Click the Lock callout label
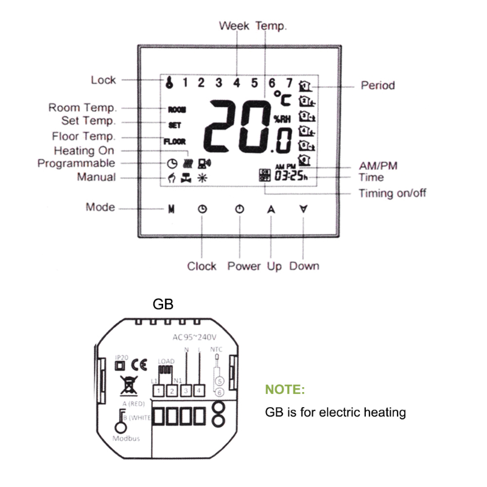[103, 80]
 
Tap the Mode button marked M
[171, 209]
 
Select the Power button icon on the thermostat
[240, 209]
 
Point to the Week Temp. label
[253, 26]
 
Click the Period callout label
[377, 85]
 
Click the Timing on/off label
[392, 194]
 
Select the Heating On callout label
[84, 150]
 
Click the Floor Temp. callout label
[83, 136]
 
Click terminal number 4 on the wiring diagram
[198, 389]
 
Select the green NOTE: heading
[285, 390]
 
